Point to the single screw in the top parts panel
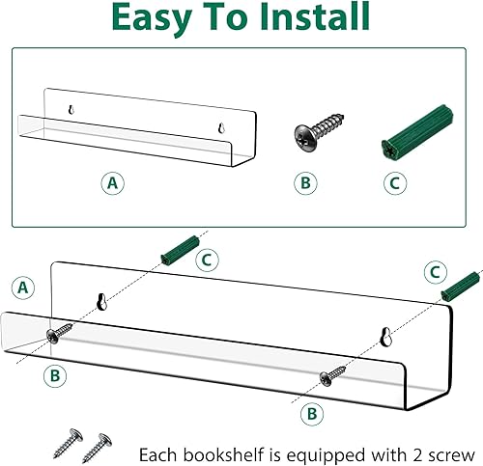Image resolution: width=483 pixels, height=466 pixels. tap(307, 136)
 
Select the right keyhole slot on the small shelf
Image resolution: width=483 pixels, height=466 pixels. tap(222, 126)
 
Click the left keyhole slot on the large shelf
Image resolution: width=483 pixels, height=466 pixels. tap(100, 303)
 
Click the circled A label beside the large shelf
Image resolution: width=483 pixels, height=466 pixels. tap(22, 287)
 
